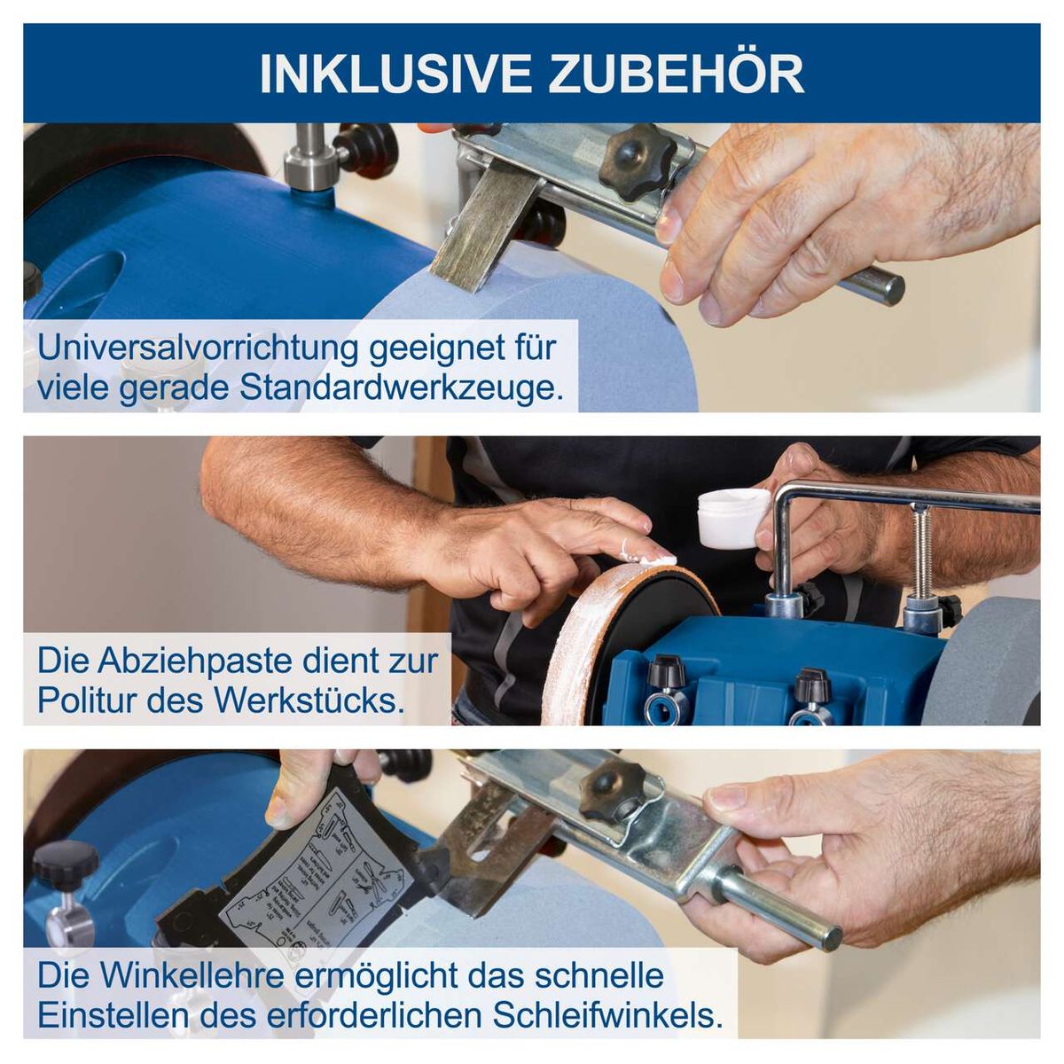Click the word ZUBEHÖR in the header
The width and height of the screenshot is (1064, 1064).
click(677, 74)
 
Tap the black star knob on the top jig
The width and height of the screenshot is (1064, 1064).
click(637, 160)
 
